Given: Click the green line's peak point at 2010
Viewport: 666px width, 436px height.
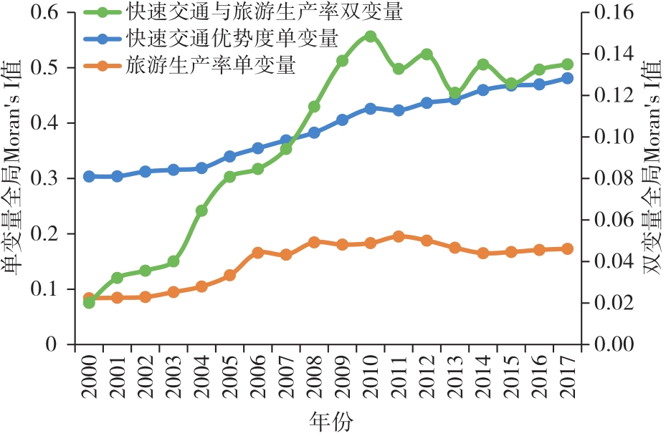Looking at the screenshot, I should point(370,37).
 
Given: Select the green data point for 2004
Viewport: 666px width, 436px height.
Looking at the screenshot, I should point(201,211).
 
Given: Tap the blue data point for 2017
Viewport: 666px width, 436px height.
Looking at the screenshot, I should point(567,78).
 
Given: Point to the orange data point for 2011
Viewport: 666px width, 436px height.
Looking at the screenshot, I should point(399,236).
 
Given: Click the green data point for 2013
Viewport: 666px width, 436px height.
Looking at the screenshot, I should point(455,93).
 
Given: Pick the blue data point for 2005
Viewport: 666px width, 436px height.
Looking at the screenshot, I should point(229,156).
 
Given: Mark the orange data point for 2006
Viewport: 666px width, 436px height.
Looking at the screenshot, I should point(258,253).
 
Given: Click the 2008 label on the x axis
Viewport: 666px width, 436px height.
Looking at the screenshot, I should point(314,376).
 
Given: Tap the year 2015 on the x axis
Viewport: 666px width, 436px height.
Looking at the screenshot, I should point(511,376).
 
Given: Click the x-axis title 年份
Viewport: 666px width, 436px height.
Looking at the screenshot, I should point(332,421).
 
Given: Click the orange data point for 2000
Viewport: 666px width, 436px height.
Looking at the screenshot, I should point(89,299).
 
